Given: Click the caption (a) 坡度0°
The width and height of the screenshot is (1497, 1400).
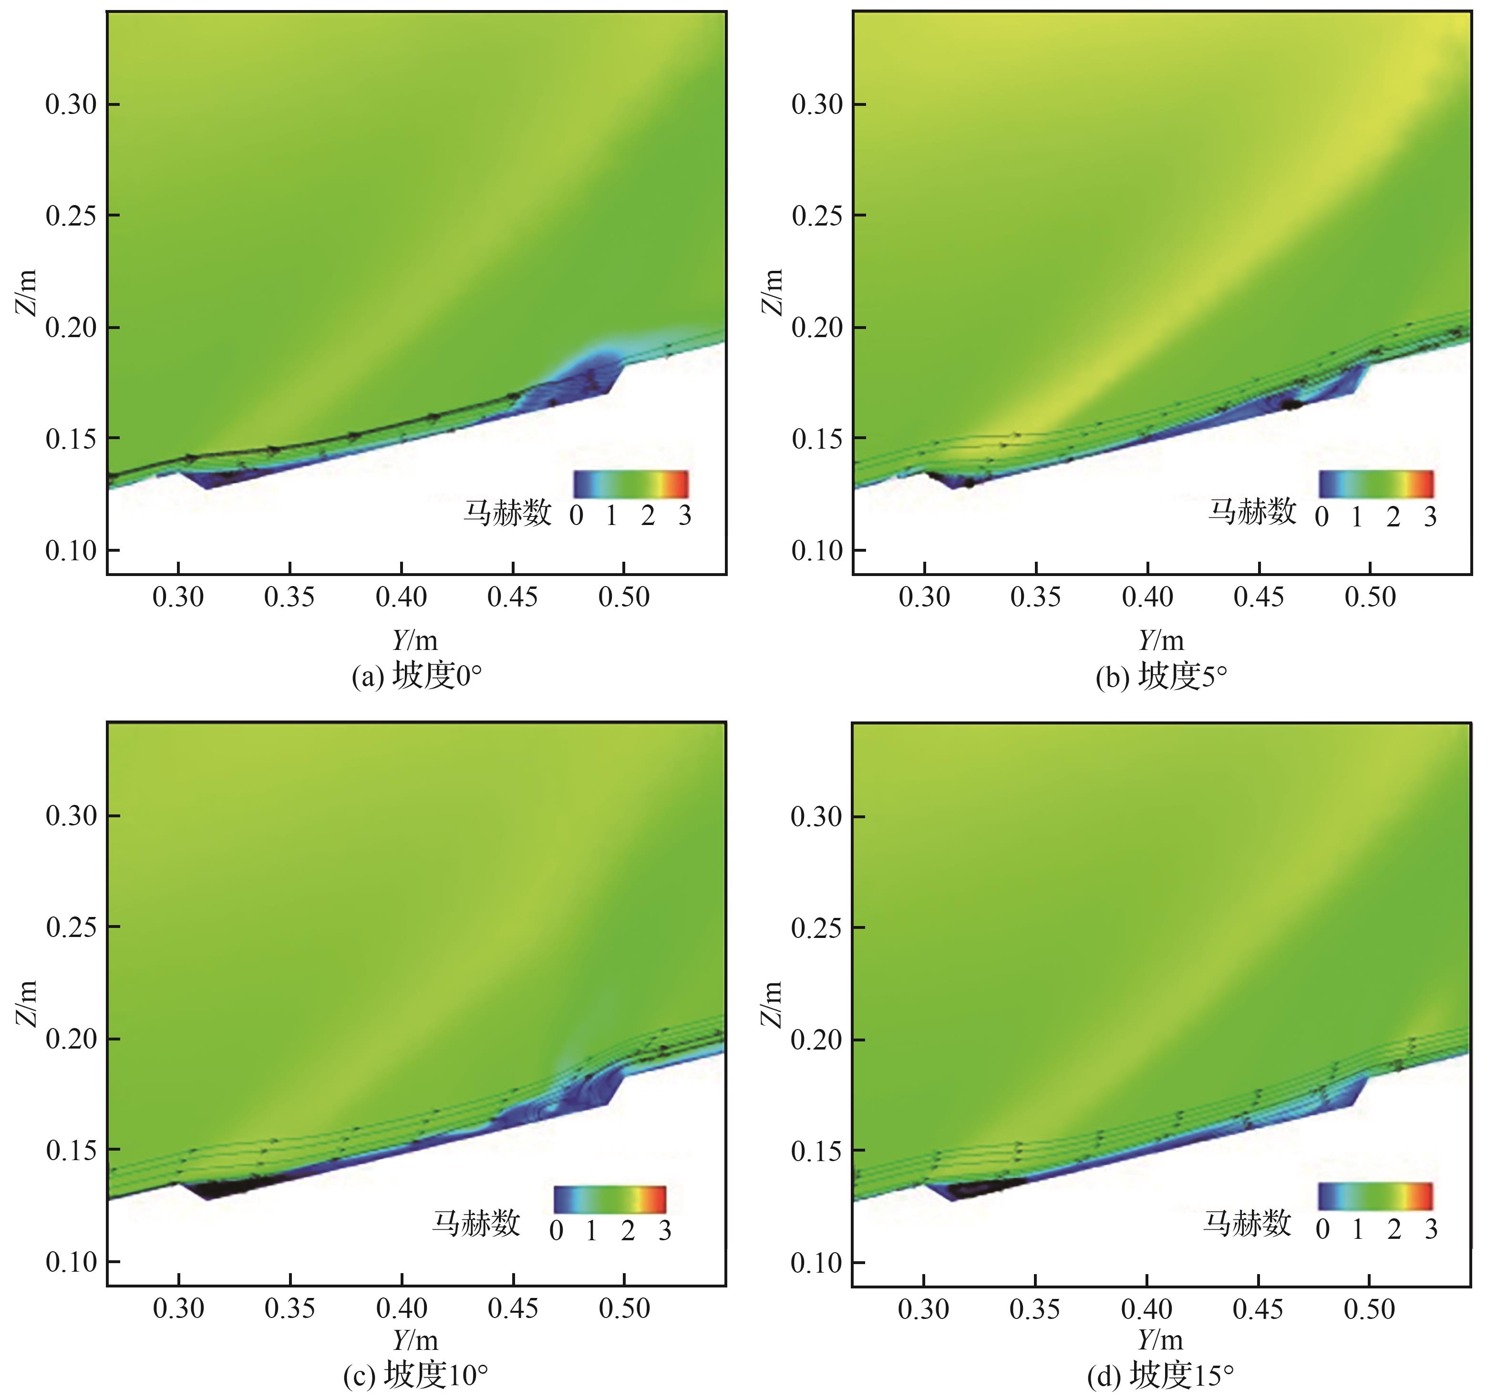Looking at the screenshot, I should coord(416,676).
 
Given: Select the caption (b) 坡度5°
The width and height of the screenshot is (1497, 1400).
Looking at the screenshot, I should coord(1161,676).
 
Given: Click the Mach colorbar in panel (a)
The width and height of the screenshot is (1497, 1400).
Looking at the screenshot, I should coord(630,484).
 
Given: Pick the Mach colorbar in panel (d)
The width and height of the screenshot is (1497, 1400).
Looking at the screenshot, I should coord(1375,1196).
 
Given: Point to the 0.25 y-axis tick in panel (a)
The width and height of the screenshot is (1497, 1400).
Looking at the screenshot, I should coord(72,216).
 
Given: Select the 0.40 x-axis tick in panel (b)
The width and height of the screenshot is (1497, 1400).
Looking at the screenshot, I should coord(1147,597).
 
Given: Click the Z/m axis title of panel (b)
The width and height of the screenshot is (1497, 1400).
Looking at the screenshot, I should coord(774,292).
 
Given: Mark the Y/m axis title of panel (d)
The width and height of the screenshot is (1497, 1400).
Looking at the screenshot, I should coord(1160,1340).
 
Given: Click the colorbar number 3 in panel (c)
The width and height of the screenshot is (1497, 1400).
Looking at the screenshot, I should coord(664,1231).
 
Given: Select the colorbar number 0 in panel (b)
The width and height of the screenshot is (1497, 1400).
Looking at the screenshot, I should coord(1321,516).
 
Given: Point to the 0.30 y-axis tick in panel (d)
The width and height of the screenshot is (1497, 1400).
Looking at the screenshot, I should coord(816,816).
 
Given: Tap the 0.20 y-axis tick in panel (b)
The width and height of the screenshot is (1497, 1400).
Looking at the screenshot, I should coord(817,328).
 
